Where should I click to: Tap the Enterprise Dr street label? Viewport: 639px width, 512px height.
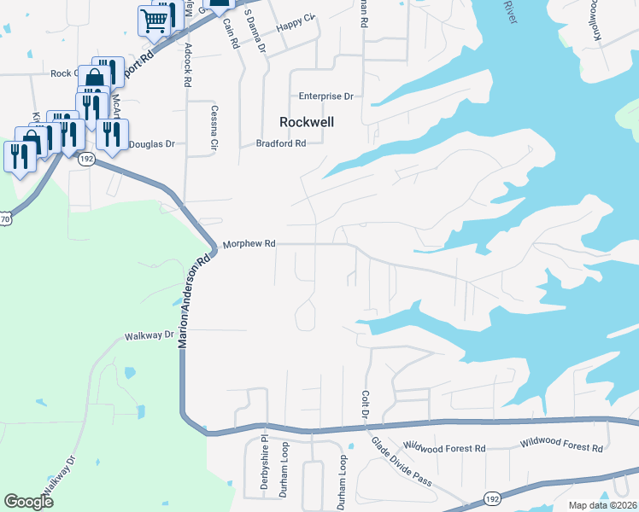tap(325, 96)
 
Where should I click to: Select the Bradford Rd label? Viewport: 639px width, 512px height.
tap(281, 144)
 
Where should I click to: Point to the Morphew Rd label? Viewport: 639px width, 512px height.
tap(249, 244)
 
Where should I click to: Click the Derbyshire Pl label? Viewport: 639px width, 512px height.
tap(263, 466)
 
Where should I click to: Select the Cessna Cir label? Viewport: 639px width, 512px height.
tap(214, 129)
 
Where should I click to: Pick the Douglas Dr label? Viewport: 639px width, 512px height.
tap(152, 145)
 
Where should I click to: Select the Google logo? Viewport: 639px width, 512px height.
tap(28, 502)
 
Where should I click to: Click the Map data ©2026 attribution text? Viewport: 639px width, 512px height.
tap(602, 505)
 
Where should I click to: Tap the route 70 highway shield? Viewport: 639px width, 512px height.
tap(5, 219)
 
